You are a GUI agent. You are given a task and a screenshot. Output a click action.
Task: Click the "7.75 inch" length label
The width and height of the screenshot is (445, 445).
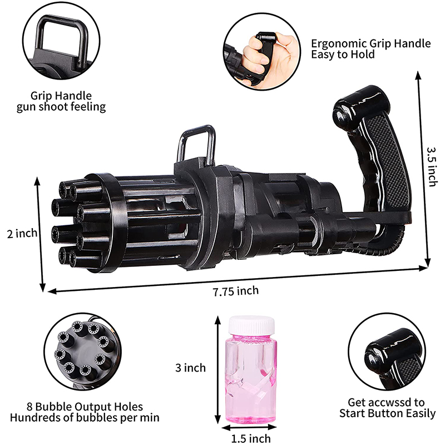coord(236,291)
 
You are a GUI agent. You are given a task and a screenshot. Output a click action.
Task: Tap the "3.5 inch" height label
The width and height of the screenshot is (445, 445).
coord(432,166)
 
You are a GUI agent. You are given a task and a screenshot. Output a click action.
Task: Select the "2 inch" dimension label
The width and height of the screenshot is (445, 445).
coord(22,233)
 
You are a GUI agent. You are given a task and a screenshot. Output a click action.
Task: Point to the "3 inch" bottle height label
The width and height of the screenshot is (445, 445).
coord(190,368)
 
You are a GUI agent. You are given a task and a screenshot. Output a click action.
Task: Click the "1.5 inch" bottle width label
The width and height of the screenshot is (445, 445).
coord(251,438)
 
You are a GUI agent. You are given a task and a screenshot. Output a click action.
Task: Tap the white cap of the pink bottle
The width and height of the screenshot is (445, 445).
coord(252,325)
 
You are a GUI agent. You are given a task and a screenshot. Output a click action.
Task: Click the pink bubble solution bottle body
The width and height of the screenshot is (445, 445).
coord(251,378)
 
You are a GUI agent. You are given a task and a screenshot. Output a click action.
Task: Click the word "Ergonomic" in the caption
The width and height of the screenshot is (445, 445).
coord(337,44)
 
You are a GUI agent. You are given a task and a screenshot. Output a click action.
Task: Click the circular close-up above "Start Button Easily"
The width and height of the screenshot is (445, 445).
coord(387,352)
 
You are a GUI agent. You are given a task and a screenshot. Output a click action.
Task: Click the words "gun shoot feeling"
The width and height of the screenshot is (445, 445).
coord(61,107)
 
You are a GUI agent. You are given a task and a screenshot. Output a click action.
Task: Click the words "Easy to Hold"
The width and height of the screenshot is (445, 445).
coord(343,55)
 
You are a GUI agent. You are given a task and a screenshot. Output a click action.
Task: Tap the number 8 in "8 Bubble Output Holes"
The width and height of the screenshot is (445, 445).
coord(29,407)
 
